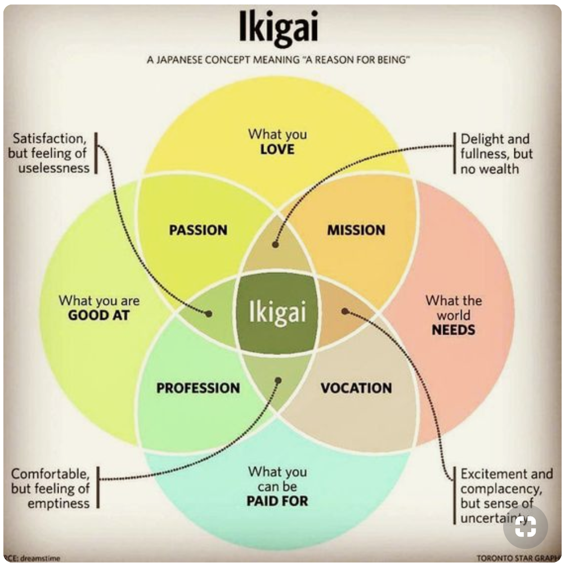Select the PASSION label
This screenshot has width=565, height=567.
tap(198, 230)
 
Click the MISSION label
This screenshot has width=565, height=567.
tap(356, 230)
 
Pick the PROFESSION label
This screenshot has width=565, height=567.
tap(198, 388)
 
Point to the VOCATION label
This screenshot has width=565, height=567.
tap(356, 388)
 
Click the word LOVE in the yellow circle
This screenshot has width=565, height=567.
tap(277, 150)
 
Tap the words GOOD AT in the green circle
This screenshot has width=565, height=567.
tap(99, 316)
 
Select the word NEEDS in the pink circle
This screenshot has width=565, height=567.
tap(454, 330)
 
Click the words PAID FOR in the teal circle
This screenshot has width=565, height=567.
tap(277, 501)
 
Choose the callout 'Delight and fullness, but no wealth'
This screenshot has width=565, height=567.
tap(495, 153)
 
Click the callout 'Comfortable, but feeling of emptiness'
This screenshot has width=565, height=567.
tap(51, 488)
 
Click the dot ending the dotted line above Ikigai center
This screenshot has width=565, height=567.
tap(275, 245)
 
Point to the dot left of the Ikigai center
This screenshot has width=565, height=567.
tap(209, 313)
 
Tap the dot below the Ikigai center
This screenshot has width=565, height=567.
tap(278, 380)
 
